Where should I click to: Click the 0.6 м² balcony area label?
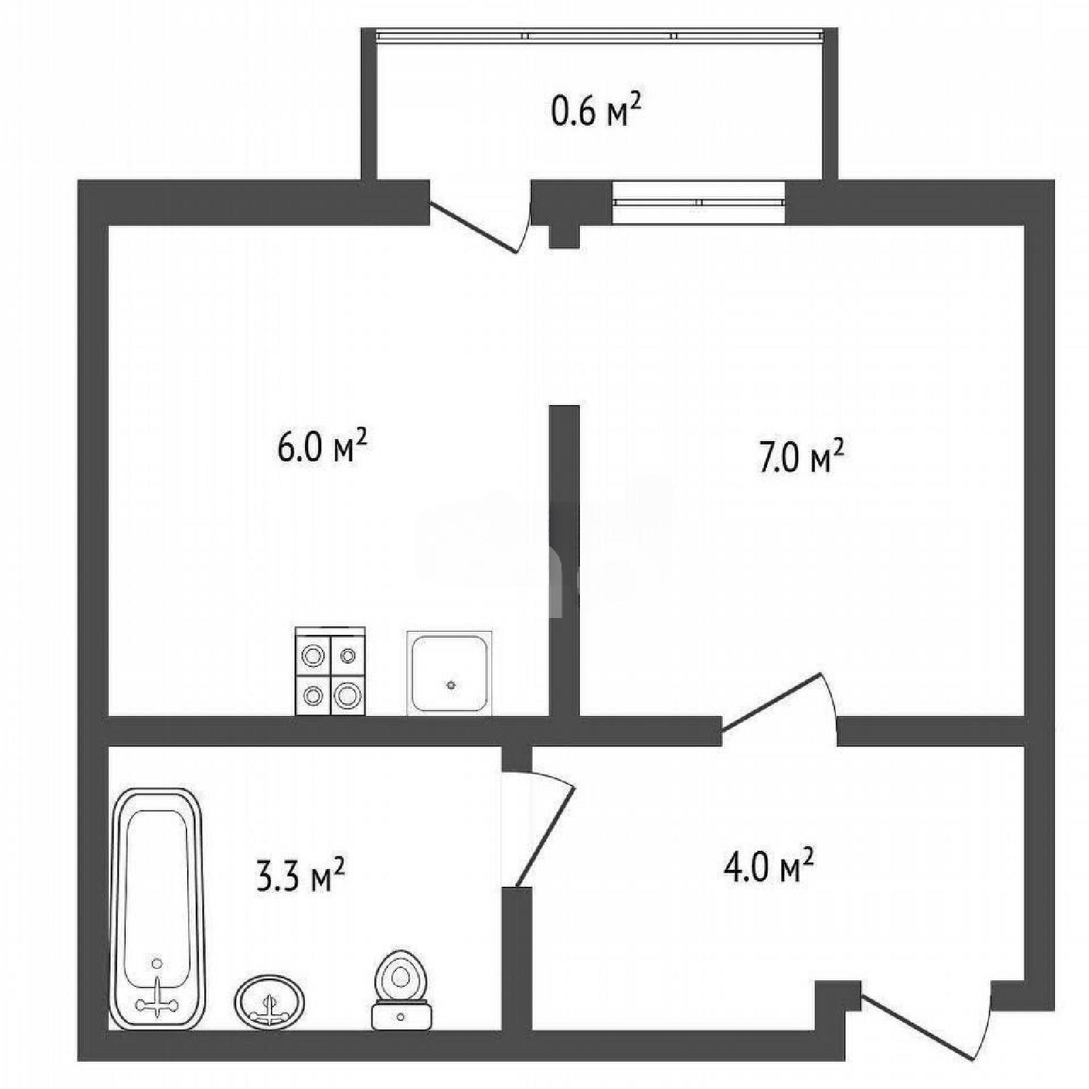click(597, 112)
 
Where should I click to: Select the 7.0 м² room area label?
click(800, 456)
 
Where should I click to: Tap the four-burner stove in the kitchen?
click(330, 671)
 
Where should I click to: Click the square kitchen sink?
click(449, 672)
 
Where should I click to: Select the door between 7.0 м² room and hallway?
click(772, 704)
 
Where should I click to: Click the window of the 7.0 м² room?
click(699, 201)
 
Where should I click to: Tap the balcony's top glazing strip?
click(599, 35)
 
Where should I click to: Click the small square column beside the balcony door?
click(564, 235)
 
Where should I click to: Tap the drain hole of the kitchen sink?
click(451, 685)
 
